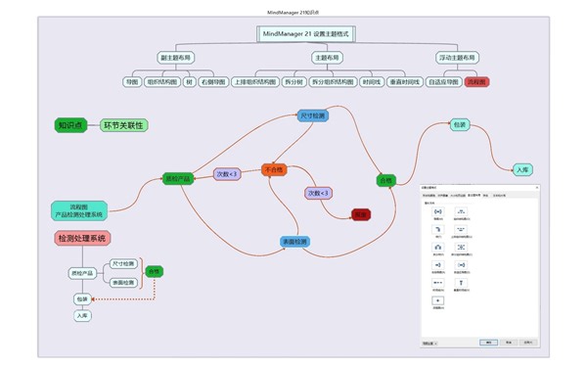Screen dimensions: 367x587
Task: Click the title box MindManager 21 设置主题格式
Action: pyautogui.click(x=305, y=33)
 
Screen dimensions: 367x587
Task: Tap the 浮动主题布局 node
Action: pyautogui.click(x=457, y=58)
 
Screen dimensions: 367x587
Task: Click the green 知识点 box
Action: pyautogui.click(x=70, y=125)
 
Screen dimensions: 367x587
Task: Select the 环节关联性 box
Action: pyautogui.click(x=124, y=125)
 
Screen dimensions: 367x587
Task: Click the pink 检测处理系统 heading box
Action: pyautogui.click(x=82, y=238)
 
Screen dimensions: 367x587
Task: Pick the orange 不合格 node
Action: pyautogui.click(x=275, y=169)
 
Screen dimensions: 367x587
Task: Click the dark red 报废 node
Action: pyautogui.click(x=360, y=213)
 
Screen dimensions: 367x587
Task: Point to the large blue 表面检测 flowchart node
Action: pyautogui.click(x=294, y=242)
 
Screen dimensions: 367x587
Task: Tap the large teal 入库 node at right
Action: pyautogui.click(x=523, y=169)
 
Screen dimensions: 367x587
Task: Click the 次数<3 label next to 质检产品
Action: pyautogui.click(x=227, y=174)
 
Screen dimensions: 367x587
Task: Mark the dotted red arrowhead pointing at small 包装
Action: pyautogui.click(x=96, y=298)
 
